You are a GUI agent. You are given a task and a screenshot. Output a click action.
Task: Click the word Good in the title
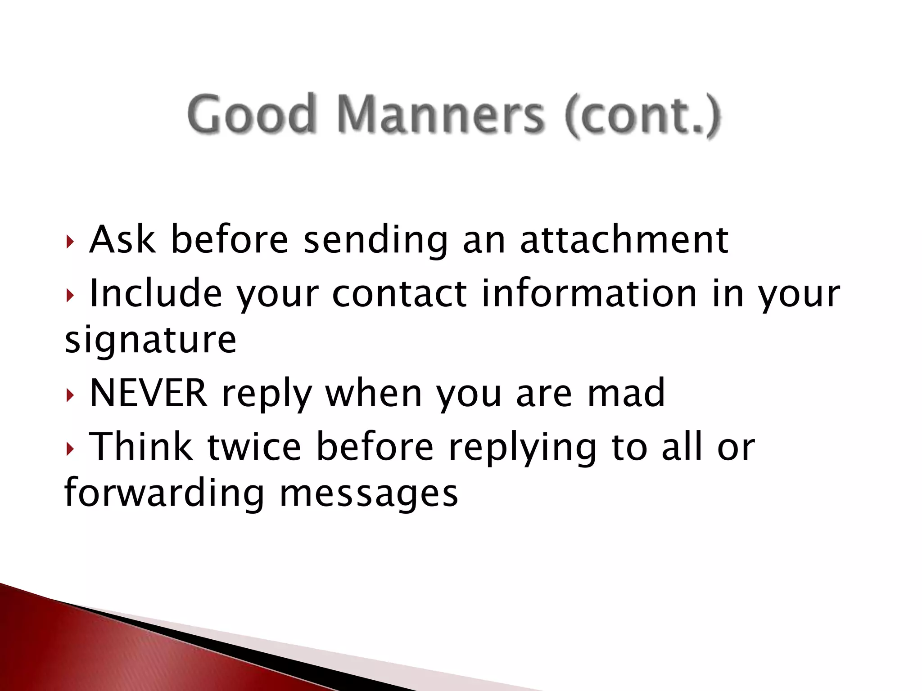click(250, 113)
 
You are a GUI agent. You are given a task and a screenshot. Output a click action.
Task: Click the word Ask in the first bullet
click(122, 239)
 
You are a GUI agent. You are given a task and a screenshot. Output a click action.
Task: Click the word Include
click(156, 293)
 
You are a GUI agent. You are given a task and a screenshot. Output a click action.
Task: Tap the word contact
click(399, 293)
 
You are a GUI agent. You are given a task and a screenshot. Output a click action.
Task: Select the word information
click(589, 293)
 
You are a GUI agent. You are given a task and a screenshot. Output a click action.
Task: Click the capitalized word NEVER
click(149, 393)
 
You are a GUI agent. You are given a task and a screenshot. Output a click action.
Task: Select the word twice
click(254, 446)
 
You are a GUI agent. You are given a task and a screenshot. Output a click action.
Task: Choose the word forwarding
click(164, 494)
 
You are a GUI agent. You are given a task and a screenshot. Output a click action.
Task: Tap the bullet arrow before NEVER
click(69, 395)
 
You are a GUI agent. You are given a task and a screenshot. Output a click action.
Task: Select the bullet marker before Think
click(69, 449)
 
